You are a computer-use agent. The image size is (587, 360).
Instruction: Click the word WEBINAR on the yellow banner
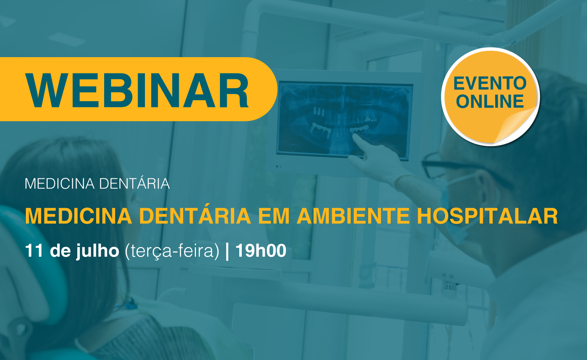click(137, 90)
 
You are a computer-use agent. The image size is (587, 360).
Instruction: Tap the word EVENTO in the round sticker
click(490, 83)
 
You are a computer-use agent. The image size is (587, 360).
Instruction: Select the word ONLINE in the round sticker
click(490, 102)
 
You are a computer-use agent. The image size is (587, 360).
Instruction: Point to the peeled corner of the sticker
click(515, 123)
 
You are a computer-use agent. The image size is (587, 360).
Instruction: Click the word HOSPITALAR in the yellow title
click(488, 216)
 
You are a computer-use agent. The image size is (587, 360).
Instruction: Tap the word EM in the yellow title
click(274, 216)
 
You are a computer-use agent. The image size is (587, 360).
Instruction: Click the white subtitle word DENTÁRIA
click(134, 183)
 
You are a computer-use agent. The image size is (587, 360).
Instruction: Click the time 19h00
click(261, 251)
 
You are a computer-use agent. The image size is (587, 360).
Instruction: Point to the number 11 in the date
click(34, 251)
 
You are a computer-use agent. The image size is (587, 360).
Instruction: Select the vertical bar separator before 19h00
click(227, 252)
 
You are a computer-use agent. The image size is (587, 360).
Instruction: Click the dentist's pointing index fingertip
click(355, 136)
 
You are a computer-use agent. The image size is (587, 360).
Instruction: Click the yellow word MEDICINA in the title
click(78, 216)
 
